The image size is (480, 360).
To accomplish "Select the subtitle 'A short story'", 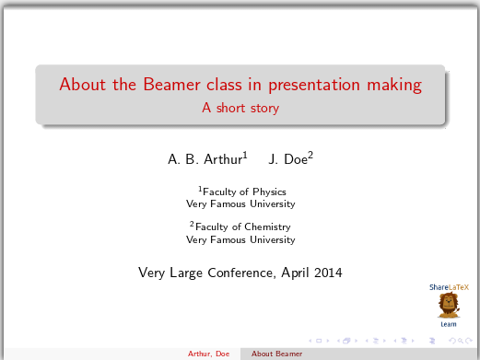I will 240,108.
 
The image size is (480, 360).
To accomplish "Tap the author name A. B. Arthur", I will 205,159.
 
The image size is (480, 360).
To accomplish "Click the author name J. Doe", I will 289,159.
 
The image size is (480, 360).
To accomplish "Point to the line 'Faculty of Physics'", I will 242,192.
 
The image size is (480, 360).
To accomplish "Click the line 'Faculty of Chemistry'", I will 241,226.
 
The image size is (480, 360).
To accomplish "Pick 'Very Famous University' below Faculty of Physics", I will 240,203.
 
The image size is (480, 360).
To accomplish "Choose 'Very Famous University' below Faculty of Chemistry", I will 240,239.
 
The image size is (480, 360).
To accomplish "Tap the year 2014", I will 327,273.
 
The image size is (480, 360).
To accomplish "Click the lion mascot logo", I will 449,305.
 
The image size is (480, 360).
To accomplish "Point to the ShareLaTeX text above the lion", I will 449,287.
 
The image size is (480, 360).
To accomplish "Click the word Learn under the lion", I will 449,324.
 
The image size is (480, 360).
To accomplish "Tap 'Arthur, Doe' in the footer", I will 208,354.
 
